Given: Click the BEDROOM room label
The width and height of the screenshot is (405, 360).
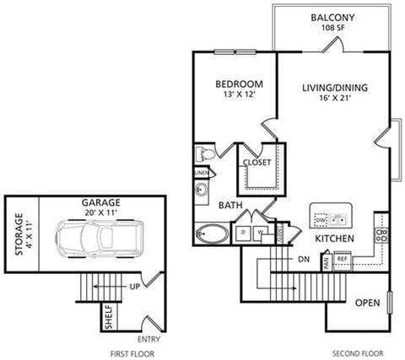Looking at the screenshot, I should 239,84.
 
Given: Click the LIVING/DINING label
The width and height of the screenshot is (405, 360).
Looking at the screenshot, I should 334,86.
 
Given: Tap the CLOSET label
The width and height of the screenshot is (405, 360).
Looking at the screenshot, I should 256,163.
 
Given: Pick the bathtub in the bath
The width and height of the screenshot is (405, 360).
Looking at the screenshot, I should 210,234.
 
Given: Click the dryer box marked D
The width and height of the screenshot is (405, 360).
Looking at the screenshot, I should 243,232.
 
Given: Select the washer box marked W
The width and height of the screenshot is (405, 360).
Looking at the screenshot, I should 261,232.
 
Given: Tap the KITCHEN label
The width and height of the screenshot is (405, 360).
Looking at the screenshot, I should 334,239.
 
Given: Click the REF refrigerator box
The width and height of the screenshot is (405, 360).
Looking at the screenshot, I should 343,258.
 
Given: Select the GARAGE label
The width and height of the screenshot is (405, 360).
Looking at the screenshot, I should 100,202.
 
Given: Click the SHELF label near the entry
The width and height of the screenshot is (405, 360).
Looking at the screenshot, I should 109,318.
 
